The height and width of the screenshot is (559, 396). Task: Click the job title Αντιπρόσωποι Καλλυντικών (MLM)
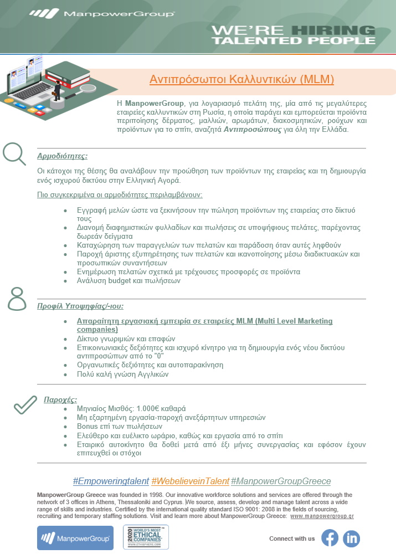(242, 79)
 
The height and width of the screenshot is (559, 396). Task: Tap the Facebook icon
(330, 538)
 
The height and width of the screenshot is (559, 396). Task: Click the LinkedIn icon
(351, 538)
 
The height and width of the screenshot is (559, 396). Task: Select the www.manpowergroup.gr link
(322, 516)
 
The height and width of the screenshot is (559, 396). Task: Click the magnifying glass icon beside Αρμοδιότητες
(14, 153)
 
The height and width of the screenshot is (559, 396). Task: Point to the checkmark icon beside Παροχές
(25, 405)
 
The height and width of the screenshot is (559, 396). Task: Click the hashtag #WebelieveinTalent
(190, 481)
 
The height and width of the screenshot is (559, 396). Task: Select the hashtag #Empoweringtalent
(111, 481)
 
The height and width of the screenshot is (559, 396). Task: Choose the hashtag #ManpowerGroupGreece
(281, 481)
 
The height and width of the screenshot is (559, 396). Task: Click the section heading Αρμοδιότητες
(62, 156)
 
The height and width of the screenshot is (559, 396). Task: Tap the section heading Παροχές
(60, 399)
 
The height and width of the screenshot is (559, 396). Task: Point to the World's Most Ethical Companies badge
(146, 537)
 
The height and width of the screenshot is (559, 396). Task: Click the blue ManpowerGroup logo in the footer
(75, 537)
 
